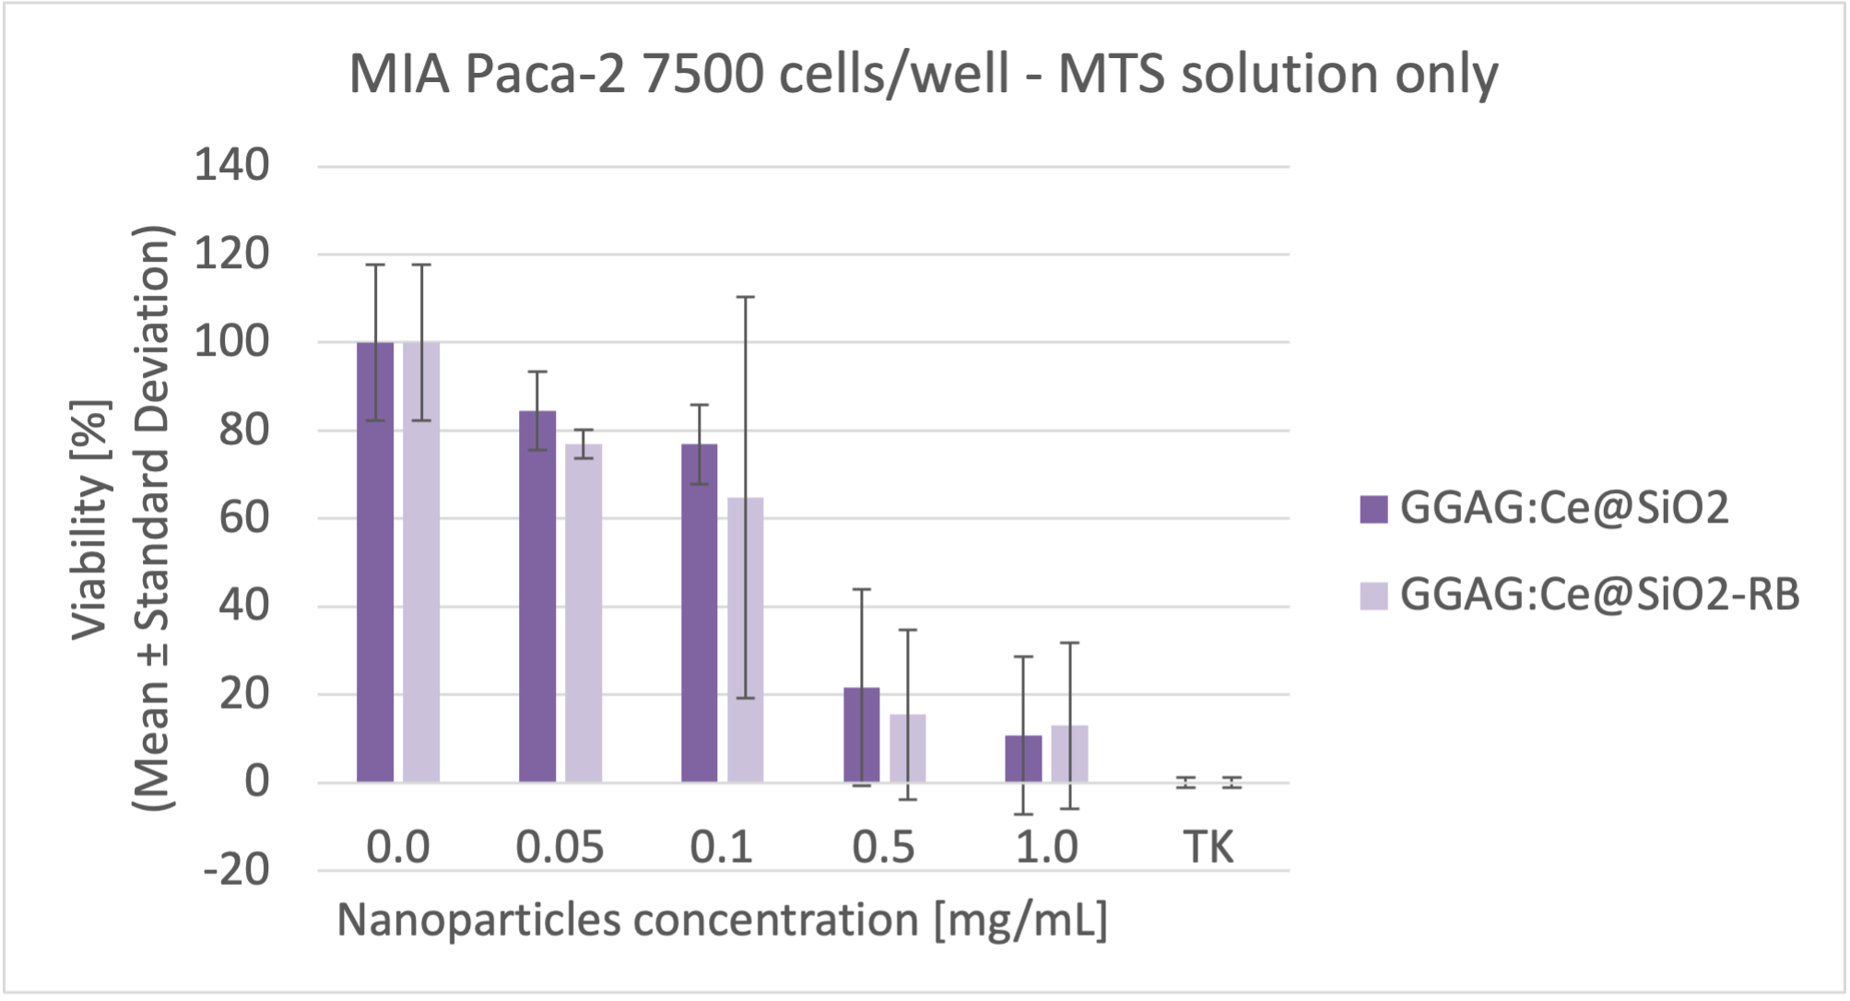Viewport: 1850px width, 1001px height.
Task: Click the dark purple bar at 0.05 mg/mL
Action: tap(537, 599)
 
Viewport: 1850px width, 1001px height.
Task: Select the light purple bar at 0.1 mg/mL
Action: tap(745, 645)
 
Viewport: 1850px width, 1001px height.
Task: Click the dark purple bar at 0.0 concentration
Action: tap(375, 562)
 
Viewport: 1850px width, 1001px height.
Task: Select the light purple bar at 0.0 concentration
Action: tap(421, 562)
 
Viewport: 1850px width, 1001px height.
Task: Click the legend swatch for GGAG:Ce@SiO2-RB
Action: tap(1373, 595)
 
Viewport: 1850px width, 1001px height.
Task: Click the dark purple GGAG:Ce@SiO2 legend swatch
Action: tap(1373, 509)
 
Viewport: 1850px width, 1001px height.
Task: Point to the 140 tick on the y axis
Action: tap(231, 167)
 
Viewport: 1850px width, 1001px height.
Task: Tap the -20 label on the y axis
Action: tap(236, 869)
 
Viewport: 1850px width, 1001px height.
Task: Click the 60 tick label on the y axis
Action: tap(243, 518)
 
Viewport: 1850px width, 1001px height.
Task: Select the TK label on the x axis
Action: tap(1208, 847)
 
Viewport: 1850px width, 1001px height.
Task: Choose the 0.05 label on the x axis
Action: tap(560, 847)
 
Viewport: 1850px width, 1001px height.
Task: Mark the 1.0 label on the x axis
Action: tap(1046, 847)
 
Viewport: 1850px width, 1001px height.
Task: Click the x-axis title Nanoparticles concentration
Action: tap(722, 920)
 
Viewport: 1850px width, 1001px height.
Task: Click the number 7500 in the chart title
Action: tap(702, 74)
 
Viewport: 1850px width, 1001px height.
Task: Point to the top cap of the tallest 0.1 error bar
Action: tap(745, 298)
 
